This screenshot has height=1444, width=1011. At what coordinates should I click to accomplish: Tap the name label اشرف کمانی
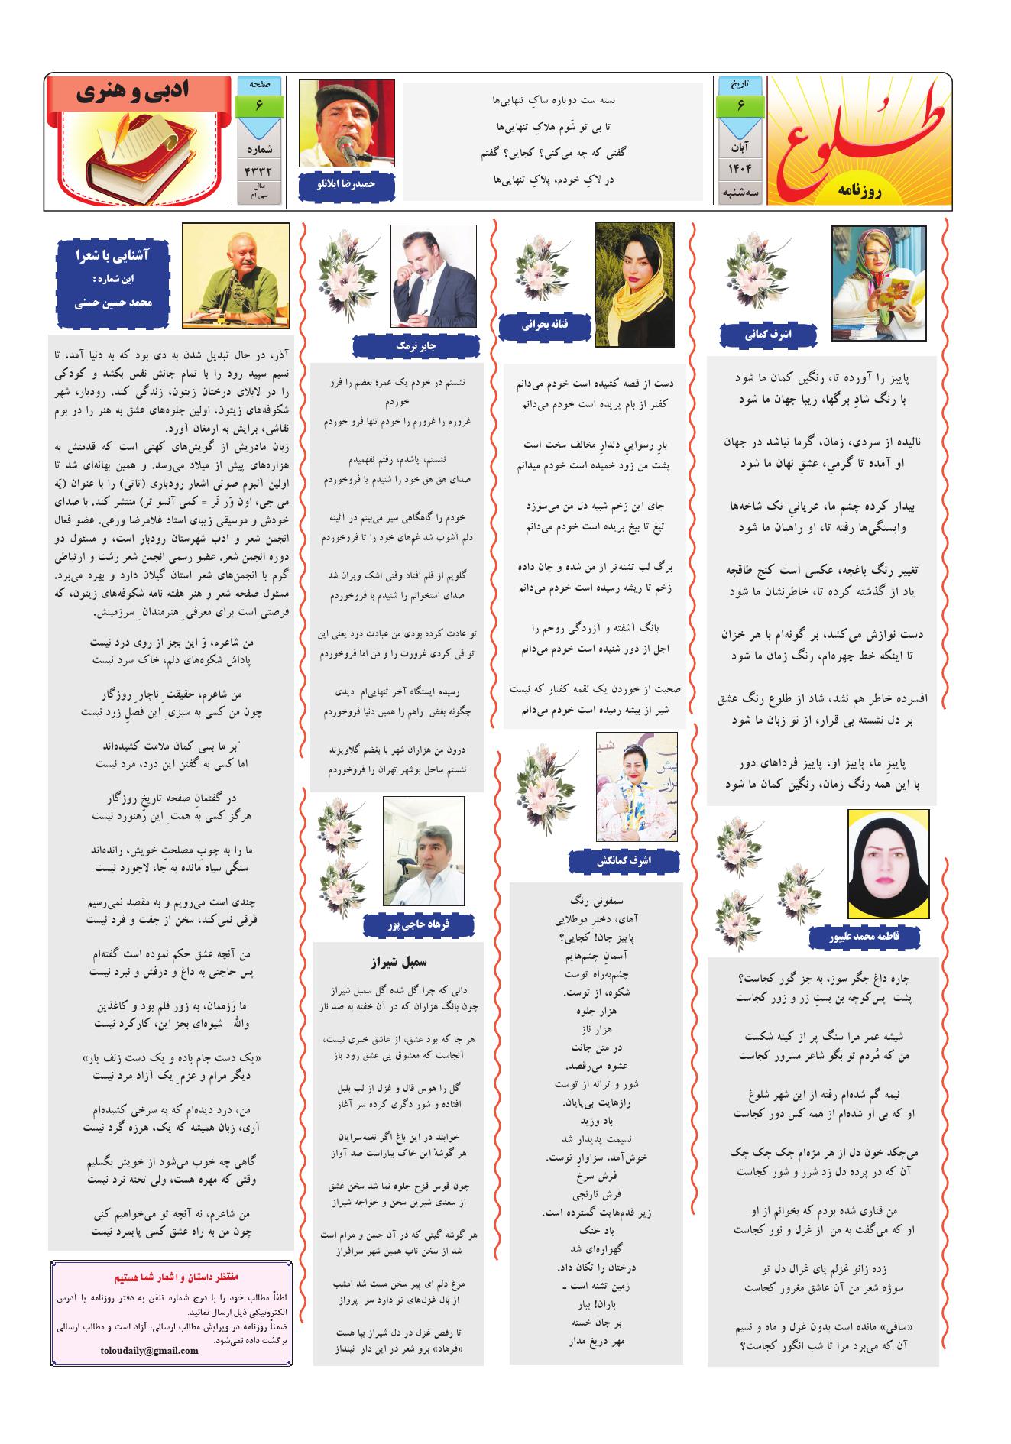[768, 335]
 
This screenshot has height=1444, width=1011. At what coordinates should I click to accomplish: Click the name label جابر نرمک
[416, 346]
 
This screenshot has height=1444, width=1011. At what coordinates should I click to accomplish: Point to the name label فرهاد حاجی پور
[419, 924]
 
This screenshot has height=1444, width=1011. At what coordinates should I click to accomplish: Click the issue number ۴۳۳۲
[259, 170]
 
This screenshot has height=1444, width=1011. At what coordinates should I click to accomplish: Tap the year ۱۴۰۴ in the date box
[740, 167]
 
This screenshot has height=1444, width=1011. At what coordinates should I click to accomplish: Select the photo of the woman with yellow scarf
[634, 284]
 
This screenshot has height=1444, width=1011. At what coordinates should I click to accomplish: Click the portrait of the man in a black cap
[346, 123]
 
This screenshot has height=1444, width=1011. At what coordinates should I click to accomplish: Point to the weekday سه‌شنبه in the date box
[740, 194]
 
